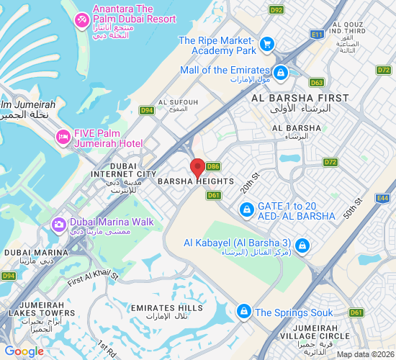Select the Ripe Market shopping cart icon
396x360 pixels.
[x=267, y=45]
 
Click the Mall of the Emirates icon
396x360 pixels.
[x=280, y=73]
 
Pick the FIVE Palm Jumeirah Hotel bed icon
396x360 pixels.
[x=63, y=136]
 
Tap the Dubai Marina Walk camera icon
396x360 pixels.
[x=57, y=225]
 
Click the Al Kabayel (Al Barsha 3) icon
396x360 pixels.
[x=302, y=246]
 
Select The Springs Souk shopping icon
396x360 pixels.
[x=244, y=311]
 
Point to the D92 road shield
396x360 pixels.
[x=276, y=10]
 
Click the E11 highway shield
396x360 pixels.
[x=316, y=34]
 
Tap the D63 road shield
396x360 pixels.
[x=317, y=83]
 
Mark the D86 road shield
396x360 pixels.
[x=213, y=166]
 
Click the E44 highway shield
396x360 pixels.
[x=382, y=197]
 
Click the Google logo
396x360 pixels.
[x=24, y=351]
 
